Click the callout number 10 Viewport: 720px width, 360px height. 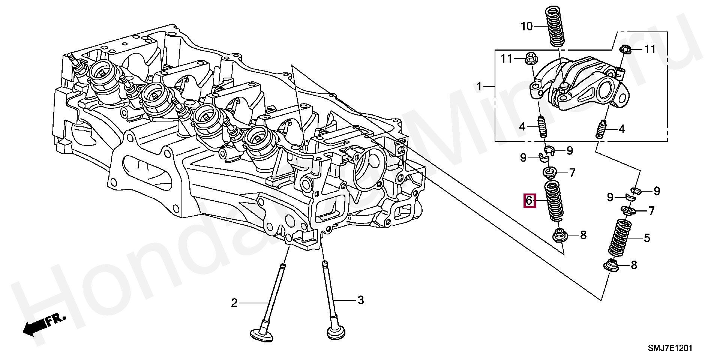pos(526,27)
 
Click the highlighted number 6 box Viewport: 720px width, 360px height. pos(529,201)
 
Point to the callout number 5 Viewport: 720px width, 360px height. pos(647,238)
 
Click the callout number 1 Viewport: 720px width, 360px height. pos(479,87)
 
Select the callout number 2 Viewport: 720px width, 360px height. pos(234,303)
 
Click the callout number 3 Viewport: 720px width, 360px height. pos(360,300)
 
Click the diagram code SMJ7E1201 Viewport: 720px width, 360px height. pos(670,348)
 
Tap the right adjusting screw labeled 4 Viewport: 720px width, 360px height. pos(600,129)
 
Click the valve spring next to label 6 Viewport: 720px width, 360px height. pos(552,201)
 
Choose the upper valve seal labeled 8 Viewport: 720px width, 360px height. pos(559,236)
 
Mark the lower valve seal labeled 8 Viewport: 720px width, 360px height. pos(611,265)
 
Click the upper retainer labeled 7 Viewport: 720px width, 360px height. pos(550,173)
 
